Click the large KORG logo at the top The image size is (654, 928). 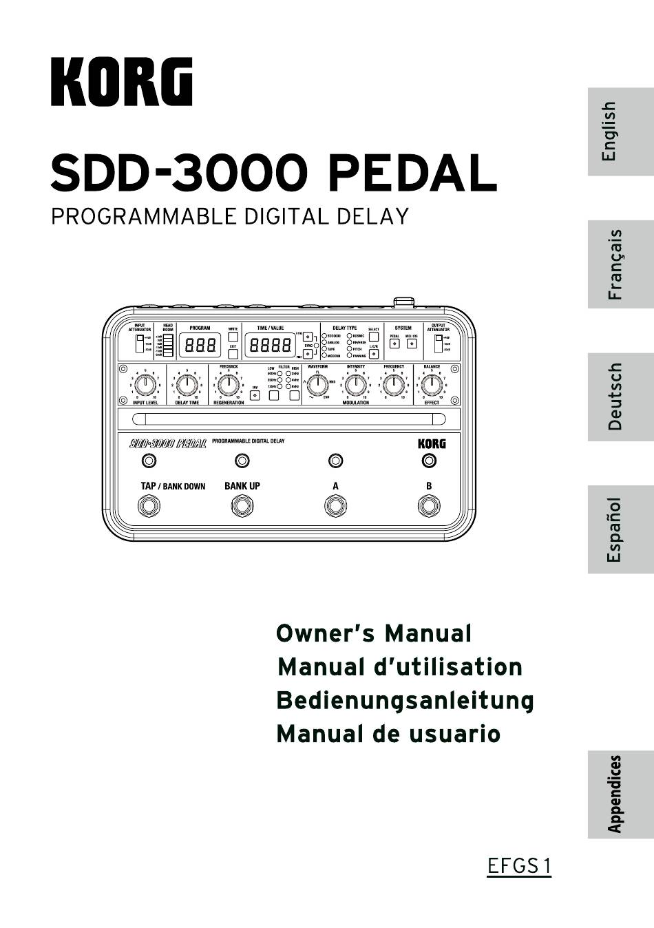coord(121,82)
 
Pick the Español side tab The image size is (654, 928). coord(613,529)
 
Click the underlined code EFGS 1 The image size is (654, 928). coord(519,866)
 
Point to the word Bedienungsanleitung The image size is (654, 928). coord(405,701)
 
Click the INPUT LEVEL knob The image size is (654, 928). coord(145,385)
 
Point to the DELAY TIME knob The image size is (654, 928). coord(187,385)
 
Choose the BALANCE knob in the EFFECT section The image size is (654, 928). coord(432,385)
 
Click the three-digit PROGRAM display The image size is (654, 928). coord(200,345)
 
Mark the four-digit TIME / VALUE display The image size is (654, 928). coord(270,345)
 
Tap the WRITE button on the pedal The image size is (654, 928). coord(233,337)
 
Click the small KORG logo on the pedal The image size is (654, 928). coord(432,444)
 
